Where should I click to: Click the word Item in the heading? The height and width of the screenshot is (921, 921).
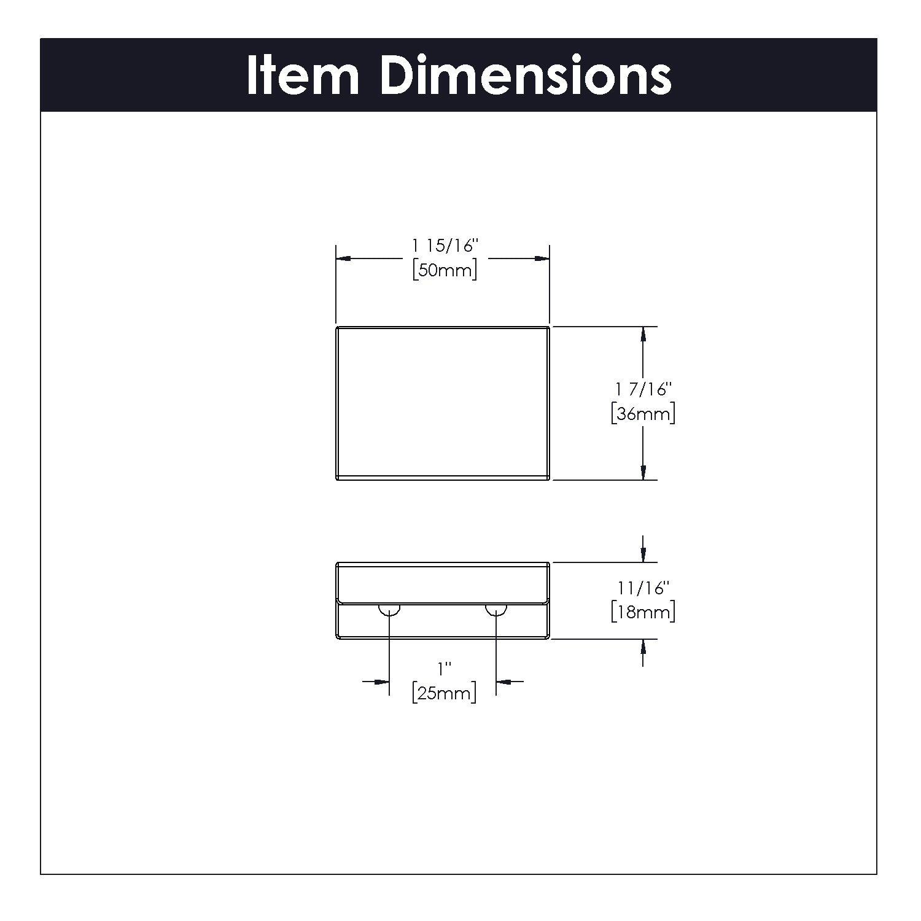tap(302, 76)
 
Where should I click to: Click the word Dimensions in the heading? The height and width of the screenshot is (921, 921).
tap(526, 76)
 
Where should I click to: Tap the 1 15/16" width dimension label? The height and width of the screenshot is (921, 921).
tap(445, 246)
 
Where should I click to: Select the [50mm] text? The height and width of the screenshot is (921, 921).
tap(445, 270)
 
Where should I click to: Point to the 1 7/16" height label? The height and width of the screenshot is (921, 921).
tap(643, 389)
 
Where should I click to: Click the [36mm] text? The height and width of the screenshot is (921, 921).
tap(643, 414)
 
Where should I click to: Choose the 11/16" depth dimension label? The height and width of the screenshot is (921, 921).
tap(642, 588)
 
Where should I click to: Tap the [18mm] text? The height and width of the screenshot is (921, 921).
tap(643, 612)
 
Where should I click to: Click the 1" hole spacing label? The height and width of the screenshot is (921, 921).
tap(443, 667)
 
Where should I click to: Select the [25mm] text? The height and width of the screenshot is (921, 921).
tap(445, 694)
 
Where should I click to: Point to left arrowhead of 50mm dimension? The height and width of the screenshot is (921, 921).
tap(344, 258)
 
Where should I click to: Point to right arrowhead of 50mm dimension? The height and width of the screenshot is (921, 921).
tap(541, 258)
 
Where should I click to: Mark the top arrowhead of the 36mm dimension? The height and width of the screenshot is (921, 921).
tap(643, 335)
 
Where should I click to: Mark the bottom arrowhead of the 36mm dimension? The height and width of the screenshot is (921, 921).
tap(643, 472)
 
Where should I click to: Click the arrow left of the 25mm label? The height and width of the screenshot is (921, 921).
tap(381, 681)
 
